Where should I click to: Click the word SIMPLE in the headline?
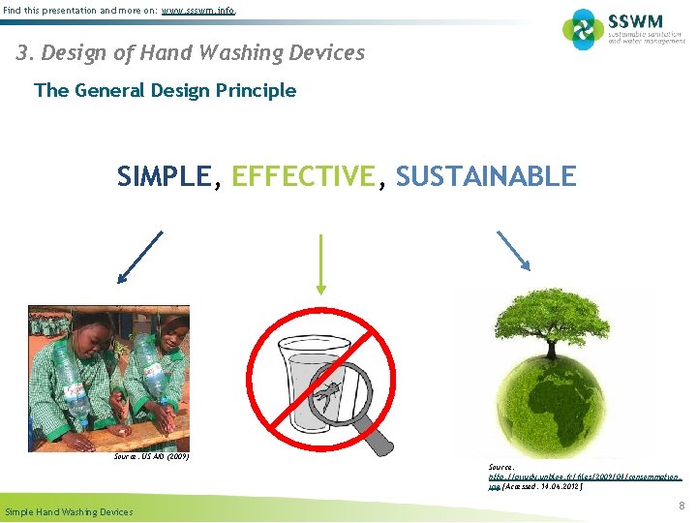163,176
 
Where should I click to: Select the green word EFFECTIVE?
303,176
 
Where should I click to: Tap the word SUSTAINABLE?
486,176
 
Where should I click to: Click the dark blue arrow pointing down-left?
139,257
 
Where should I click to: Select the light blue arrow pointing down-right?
513,251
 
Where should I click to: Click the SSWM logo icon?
583,29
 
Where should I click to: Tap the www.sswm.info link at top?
198,11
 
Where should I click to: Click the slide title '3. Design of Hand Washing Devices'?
191,52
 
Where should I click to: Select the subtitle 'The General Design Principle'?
165,91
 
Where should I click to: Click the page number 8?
682,506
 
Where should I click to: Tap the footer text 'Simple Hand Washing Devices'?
69,511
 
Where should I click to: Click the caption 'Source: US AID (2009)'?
151,455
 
